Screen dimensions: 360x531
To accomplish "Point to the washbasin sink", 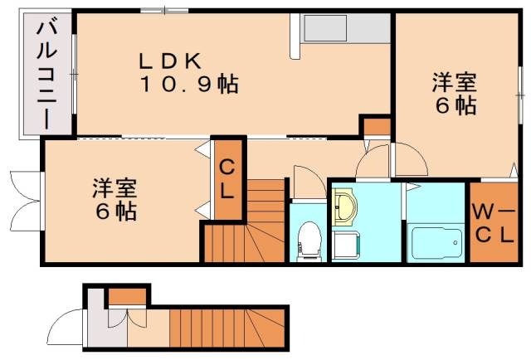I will (345, 207).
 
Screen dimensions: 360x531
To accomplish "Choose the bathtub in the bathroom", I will (436, 241).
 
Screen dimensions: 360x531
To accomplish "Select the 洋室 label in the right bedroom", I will (453, 83).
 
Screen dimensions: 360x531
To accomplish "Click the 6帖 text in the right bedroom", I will (453, 105).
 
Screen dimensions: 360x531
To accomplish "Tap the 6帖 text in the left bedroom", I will (114, 211).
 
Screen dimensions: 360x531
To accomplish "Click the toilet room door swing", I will (304, 181).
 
